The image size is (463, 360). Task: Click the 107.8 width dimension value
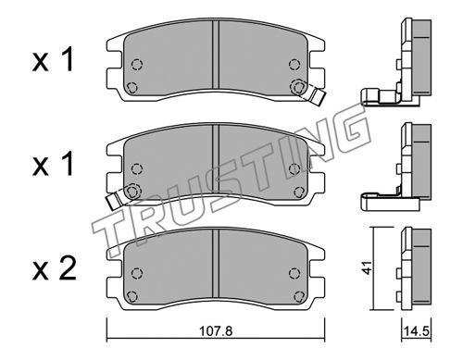pyautogui.click(x=216, y=331)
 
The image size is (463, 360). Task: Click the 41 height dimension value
pyautogui.click(x=367, y=267)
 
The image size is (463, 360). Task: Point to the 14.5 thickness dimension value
pyautogui.click(x=417, y=332)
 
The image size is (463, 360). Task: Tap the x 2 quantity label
pyautogui.click(x=55, y=268)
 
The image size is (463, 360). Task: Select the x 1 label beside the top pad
pyautogui.click(x=54, y=59)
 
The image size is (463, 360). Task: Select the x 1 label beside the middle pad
pyautogui.click(x=54, y=164)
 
